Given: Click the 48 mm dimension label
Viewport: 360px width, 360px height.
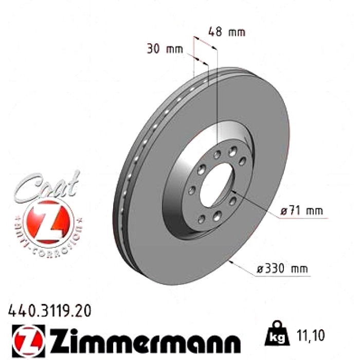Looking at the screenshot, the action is (x=227, y=32).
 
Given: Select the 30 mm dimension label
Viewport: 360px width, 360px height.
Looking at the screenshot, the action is (x=165, y=49).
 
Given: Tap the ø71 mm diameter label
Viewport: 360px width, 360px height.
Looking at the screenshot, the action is (x=302, y=210).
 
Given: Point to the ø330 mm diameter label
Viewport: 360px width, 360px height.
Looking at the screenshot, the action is (x=282, y=268).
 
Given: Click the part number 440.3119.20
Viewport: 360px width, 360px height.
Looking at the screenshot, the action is (x=49, y=311).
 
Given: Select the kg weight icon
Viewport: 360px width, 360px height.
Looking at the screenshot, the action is (x=277, y=334).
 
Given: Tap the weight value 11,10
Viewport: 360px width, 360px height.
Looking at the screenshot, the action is (x=311, y=335).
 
